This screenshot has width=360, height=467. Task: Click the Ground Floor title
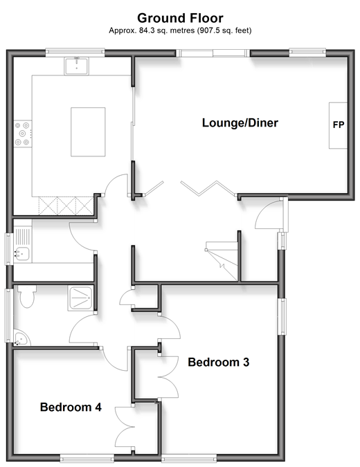pos(180,18)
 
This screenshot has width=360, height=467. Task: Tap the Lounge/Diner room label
pos(240,122)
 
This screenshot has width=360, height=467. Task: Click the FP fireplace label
pos(339,125)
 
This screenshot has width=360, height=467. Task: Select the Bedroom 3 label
pos(219,362)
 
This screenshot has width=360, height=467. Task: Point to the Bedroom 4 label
pos(71,407)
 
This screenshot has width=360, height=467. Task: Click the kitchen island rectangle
pos(88,132)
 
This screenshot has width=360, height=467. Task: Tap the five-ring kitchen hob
pos(23,134)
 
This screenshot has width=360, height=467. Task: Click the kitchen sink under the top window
pos(77,66)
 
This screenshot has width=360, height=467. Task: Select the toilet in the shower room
pos(26,296)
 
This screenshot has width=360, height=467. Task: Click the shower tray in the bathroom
pos(80,298)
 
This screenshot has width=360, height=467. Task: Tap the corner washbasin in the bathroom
pos(21,338)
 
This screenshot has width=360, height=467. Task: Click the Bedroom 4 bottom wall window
pos(87,457)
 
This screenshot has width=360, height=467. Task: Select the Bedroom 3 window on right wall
pos(282,317)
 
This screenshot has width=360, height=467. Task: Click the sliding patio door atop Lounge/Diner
pos(213,53)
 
